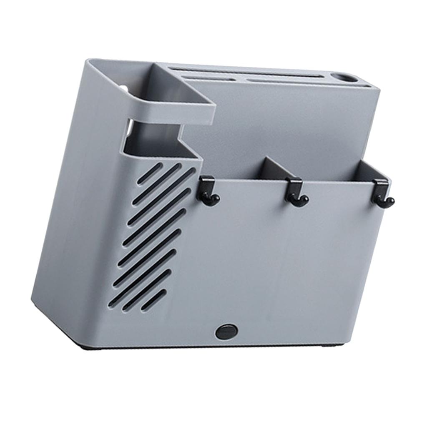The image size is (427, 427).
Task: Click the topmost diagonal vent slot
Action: coord(150,173)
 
